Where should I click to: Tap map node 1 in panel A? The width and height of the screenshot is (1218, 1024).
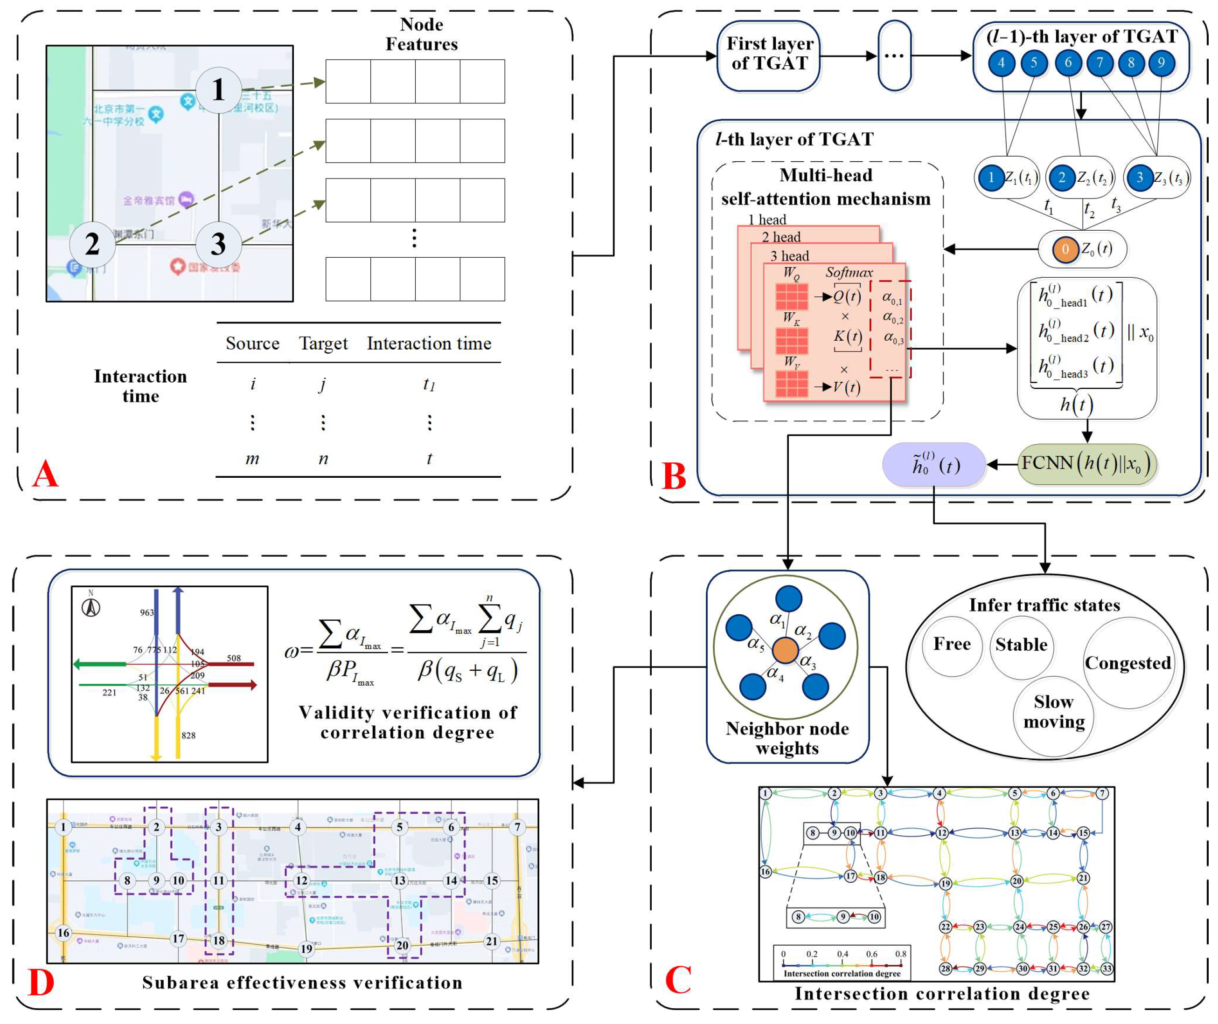click(x=218, y=89)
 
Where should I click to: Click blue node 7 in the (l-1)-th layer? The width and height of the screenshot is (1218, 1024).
click(x=1100, y=63)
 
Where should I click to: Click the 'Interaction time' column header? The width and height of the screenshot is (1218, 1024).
click(x=429, y=344)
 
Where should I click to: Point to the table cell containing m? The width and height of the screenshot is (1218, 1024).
click(x=252, y=459)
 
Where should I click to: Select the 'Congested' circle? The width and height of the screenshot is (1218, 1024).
click(x=1128, y=663)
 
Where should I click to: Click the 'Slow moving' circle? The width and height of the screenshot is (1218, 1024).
click(x=1054, y=712)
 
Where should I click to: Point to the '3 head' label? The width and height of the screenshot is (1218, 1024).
click(x=789, y=256)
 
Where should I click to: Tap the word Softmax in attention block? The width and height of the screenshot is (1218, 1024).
click(x=849, y=272)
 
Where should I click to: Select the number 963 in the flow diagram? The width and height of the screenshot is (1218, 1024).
click(x=146, y=612)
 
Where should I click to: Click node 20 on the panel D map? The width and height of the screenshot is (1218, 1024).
click(x=402, y=946)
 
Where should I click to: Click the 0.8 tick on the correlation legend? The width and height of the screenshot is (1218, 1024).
click(x=900, y=954)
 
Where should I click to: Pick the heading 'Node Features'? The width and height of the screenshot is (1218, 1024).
click(x=421, y=34)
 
